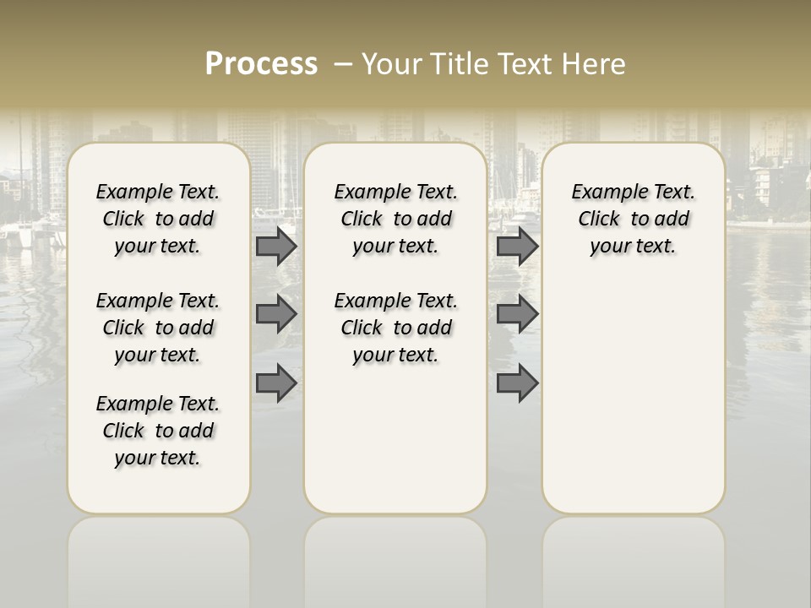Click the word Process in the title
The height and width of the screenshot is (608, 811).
click(261, 64)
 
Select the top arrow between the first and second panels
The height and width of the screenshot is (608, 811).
click(276, 247)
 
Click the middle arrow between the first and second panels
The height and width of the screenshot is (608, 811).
click(276, 314)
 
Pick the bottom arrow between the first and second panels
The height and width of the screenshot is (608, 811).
click(276, 383)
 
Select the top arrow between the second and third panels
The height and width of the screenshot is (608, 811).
click(517, 247)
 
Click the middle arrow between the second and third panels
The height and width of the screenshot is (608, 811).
click(517, 314)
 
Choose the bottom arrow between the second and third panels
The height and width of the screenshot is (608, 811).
click(517, 383)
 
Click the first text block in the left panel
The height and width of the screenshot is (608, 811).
click(158, 219)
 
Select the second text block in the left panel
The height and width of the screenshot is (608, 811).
click(158, 328)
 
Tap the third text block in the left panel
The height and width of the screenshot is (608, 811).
click(158, 431)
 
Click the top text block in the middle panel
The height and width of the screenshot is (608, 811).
click(395, 219)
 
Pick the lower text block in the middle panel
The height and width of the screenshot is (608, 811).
click(395, 328)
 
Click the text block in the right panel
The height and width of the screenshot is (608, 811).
click(634, 219)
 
